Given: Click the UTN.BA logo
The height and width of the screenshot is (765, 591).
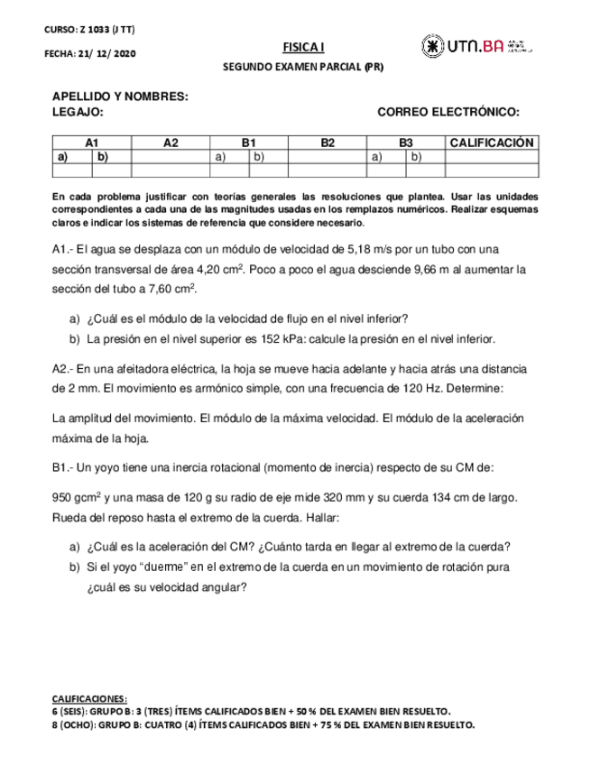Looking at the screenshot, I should [476, 46].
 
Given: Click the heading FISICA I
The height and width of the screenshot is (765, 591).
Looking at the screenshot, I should [296, 47].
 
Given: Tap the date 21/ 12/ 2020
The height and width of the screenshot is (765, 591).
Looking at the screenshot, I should [105, 54].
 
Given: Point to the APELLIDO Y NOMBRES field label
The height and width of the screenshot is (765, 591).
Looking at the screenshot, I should [120, 97].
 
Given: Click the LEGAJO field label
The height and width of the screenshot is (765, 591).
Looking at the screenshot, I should [78, 112].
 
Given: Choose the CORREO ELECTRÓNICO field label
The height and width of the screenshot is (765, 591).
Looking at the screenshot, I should [448, 112].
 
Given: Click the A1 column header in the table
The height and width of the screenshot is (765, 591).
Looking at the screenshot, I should [91, 143].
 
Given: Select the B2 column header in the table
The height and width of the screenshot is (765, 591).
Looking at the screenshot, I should [328, 143].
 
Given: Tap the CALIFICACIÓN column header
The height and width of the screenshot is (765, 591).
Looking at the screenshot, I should [492, 143].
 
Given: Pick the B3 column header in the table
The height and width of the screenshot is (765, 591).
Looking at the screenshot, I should [406, 143].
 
